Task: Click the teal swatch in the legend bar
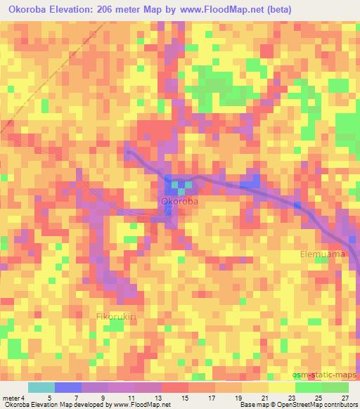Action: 41,388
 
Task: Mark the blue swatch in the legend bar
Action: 67,388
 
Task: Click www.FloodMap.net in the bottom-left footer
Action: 140,405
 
